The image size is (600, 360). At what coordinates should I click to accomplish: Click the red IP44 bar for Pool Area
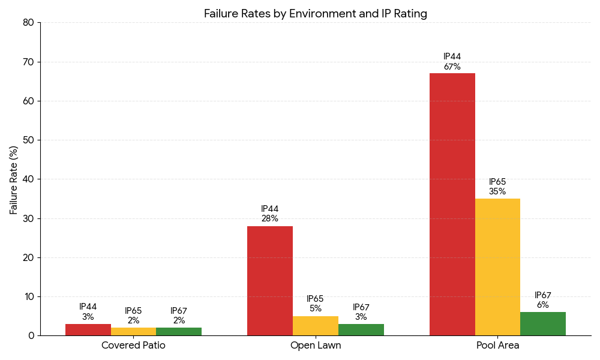point(452,204)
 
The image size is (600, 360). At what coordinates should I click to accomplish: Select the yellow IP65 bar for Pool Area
point(497,267)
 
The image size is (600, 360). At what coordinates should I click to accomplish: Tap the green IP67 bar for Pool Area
point(543,324)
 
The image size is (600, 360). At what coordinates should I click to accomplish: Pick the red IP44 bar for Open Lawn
point(270,281)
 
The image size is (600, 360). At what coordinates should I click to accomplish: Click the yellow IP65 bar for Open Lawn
point(316,326)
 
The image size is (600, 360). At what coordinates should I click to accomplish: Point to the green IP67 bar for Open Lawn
point(361,330)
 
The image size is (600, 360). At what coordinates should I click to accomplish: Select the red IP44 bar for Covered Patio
point(88,330)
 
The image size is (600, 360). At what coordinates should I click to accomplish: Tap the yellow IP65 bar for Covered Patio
point(133,332)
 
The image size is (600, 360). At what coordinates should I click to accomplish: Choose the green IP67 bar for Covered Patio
point(179,332)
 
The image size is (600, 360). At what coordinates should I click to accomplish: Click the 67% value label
point(452,67)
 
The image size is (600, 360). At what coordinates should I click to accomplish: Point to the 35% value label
point(497,192)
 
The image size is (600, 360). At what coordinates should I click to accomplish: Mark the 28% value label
point(270,219)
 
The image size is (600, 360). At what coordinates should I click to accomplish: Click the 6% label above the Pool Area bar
point(543,305)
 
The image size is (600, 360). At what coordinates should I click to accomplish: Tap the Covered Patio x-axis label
point(133,346)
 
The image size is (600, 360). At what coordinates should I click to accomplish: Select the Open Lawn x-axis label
point(316,346)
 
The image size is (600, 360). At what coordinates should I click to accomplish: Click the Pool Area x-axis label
point(497,346)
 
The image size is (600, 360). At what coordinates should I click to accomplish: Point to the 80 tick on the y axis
point(29,23)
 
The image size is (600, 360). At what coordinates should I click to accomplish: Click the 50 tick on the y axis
point(29,140)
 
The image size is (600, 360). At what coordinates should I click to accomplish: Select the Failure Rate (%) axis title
point(14,179)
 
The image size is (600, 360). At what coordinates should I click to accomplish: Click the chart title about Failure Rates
point(316,13)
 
